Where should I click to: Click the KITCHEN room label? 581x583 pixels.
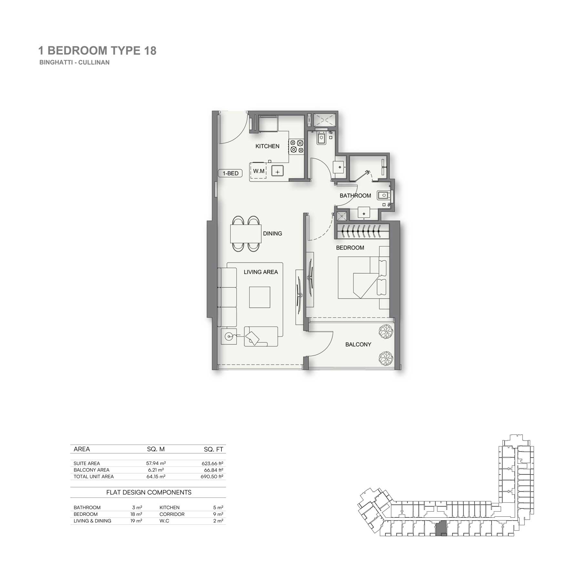coord(267,146)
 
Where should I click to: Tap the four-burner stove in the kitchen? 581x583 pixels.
coord(297,146)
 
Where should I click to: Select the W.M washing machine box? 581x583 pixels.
coord(258,171)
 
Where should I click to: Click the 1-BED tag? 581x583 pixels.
coord(230,173)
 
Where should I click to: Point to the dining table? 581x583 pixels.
coord(246,233)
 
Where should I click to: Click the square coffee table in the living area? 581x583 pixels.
coord(260,297)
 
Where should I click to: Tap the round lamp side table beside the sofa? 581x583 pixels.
coord(229,337)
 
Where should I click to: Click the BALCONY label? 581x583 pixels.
coord(358,344)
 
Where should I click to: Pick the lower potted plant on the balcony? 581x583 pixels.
coord(385,358)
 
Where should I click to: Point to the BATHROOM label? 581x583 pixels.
coord(355,196)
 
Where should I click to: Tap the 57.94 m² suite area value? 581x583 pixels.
coord(156,463)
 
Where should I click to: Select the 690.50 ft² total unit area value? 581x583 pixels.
coord(212,476)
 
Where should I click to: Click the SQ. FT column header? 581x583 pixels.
coord(213,449)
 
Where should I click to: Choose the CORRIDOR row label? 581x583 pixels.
coord(172,514)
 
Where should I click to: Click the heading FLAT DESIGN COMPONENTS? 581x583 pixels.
coord(149,492)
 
